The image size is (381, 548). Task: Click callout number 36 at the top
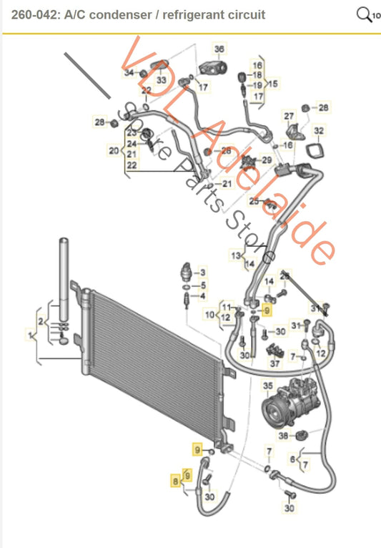[219, 49]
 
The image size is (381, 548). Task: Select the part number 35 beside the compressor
[269, 387]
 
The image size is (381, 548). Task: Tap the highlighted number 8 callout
[174, 481]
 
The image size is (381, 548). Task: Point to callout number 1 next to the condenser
[30, 333]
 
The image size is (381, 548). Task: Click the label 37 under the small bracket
[274, 364]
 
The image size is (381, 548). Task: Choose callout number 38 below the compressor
[284, 435]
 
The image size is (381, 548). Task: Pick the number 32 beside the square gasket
[319, 131]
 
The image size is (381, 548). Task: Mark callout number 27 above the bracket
[290, 116]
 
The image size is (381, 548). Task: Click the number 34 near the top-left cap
[129, 73]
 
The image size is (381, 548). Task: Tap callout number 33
[162, 80]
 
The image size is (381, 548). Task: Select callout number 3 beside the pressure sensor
[202, 273]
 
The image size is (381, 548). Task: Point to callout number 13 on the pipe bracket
[234, 255]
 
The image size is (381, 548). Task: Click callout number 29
[267, 160]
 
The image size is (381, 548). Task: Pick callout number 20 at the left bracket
[113, 150]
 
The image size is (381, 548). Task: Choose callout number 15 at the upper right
[273, 84]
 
